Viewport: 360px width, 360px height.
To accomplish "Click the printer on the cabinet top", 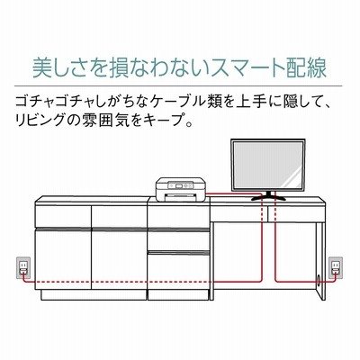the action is click(x=180, y=190).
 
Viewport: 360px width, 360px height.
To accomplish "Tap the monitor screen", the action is click(x=268, y=165).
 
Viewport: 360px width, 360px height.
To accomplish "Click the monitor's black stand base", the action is click(x=268, y=196).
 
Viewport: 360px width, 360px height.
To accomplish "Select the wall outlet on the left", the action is click(x=23, y=267).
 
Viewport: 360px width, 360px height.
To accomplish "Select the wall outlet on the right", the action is click(x=336, y=267).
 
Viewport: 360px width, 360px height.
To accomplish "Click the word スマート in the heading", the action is click(x=244, y=68).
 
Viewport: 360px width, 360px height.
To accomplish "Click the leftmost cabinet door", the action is click(x=63, y=259).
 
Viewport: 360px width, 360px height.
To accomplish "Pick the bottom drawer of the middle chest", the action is click(x=178, y=271).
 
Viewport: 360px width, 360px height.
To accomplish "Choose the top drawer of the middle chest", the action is click(x=178, y=217).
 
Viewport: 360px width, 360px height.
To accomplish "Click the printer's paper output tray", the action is click(x=180, y=197).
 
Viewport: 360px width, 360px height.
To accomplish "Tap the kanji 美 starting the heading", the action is click(x=42, y=68).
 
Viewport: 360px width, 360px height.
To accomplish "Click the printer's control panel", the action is click(x=179, y=185).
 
